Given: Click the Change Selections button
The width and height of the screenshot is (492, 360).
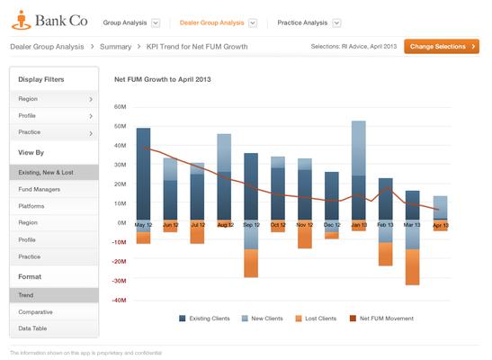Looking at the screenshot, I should click(x=441, y=46).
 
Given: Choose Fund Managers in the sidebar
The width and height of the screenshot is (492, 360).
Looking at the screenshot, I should click(x=40, y=190).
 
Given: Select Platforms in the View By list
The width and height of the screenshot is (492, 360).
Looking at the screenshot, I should click(x=33, y=205).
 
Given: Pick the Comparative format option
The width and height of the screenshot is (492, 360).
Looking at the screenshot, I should click(x=37, y=311).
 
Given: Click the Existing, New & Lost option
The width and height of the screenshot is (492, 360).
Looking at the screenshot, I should click(x=47, y=171).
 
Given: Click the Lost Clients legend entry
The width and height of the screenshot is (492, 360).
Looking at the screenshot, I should click(x=317, y=318).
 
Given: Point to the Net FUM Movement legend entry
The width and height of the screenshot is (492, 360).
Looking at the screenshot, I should click(x=386, y=318).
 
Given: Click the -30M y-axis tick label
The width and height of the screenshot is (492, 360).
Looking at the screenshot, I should click(x=118, y=281).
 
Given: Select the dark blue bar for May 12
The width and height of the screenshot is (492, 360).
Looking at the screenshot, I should click(x=143, y=175).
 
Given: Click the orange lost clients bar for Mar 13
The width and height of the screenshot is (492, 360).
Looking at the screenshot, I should click(x=413, y=267).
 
